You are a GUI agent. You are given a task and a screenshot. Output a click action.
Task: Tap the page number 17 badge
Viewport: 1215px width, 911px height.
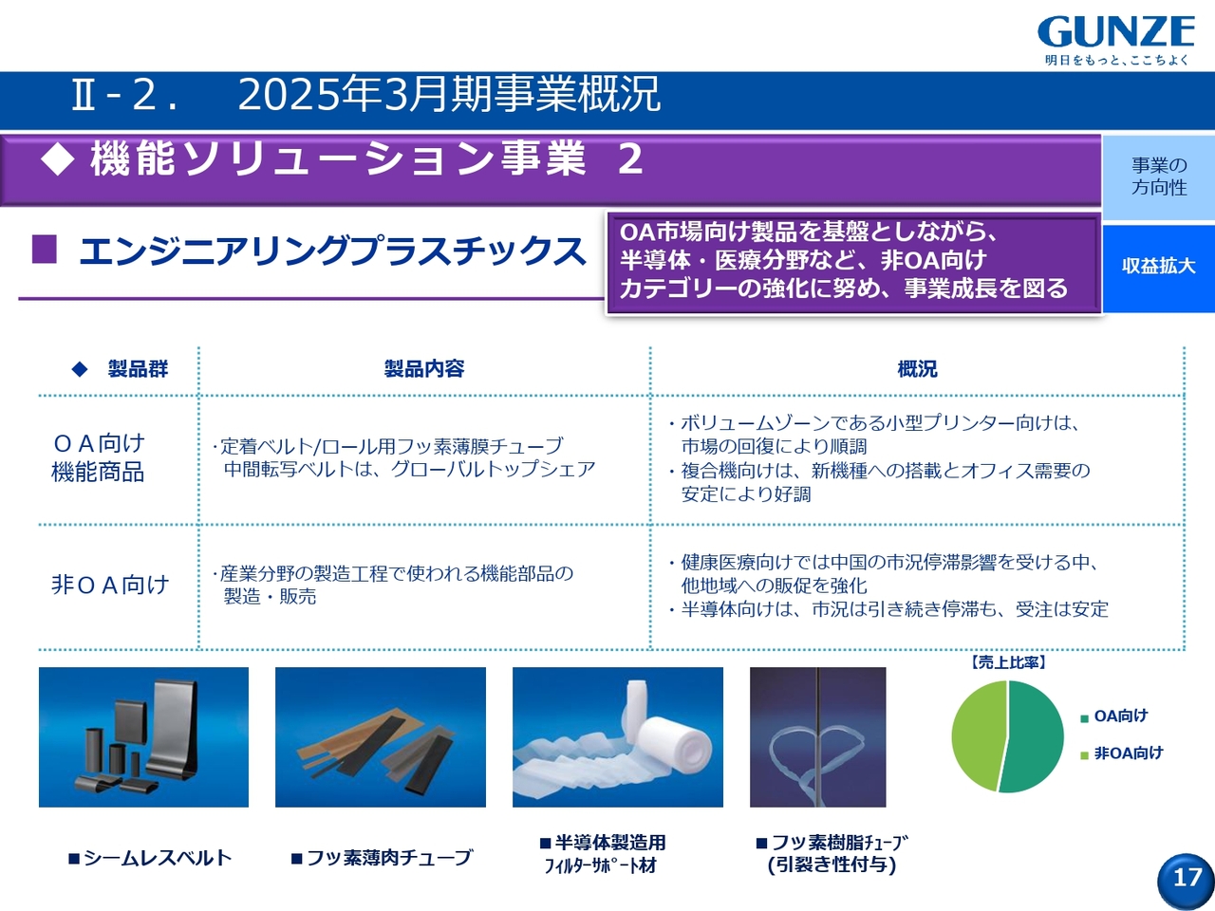(x=1186, y=880)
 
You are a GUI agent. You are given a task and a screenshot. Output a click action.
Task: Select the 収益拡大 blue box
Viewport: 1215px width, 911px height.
(x=1159, y=268)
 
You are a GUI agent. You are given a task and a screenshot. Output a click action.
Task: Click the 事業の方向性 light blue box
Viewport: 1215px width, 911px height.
(x=1159, y=177)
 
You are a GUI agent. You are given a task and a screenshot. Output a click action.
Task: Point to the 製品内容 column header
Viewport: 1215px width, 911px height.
(x=424, y=368)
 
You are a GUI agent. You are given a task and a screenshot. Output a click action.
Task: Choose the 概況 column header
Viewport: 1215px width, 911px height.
(x=917, y=369)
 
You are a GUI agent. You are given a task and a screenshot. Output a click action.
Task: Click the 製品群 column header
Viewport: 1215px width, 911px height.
(x=138, y=368)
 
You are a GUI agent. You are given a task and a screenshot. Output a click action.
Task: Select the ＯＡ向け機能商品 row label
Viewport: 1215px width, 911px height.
(x=98, y=458)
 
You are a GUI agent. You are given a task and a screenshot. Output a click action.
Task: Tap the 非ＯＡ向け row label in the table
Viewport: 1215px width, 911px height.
(x=109, y=585)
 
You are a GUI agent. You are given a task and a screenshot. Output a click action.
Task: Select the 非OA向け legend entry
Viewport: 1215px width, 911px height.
(x=1122, y=753)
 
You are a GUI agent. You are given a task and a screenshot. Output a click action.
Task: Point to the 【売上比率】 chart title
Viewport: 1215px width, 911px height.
(x=1007, y=662)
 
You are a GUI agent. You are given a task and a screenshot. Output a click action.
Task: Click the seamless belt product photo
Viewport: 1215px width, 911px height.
(x=144, y=737)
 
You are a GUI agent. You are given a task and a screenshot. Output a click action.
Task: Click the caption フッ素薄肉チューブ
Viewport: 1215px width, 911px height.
(x=382, y=858)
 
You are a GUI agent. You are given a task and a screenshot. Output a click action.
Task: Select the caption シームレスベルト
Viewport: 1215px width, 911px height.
(x=149, y=858)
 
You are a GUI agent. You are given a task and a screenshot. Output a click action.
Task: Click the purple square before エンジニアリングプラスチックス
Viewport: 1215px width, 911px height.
(x=45, y=250)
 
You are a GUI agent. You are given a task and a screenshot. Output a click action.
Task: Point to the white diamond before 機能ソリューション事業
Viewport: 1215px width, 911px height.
(x=57, y=159)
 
